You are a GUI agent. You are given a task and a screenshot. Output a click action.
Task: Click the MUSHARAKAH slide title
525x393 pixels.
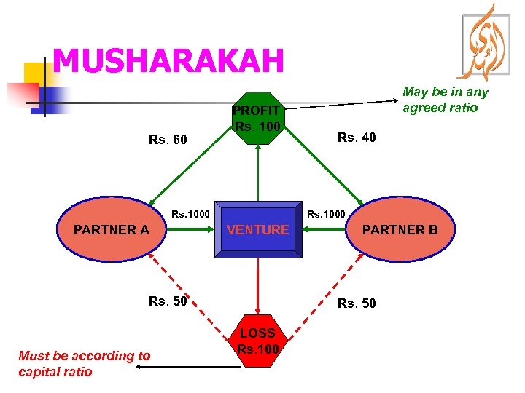168,61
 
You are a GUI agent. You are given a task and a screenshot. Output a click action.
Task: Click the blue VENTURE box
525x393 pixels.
258,230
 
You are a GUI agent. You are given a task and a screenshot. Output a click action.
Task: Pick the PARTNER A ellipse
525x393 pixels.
111,230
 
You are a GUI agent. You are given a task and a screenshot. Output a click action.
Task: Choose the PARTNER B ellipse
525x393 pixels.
400,230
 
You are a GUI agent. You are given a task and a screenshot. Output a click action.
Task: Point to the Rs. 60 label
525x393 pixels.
168,139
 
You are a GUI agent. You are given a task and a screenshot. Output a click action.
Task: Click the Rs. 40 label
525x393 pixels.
357,137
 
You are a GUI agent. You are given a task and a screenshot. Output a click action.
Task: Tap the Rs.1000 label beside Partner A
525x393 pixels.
190,214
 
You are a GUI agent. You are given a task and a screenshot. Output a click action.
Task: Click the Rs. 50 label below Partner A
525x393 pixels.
168,301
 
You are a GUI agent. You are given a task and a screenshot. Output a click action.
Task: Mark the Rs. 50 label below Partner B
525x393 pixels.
357,303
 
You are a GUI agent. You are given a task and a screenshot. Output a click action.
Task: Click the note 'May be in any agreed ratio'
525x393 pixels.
446,100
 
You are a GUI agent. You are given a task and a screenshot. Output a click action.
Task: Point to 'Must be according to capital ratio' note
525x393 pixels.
84,363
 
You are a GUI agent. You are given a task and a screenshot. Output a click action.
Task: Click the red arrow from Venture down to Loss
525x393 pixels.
257,287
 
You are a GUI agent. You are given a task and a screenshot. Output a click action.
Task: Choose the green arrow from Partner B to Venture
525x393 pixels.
326,230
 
